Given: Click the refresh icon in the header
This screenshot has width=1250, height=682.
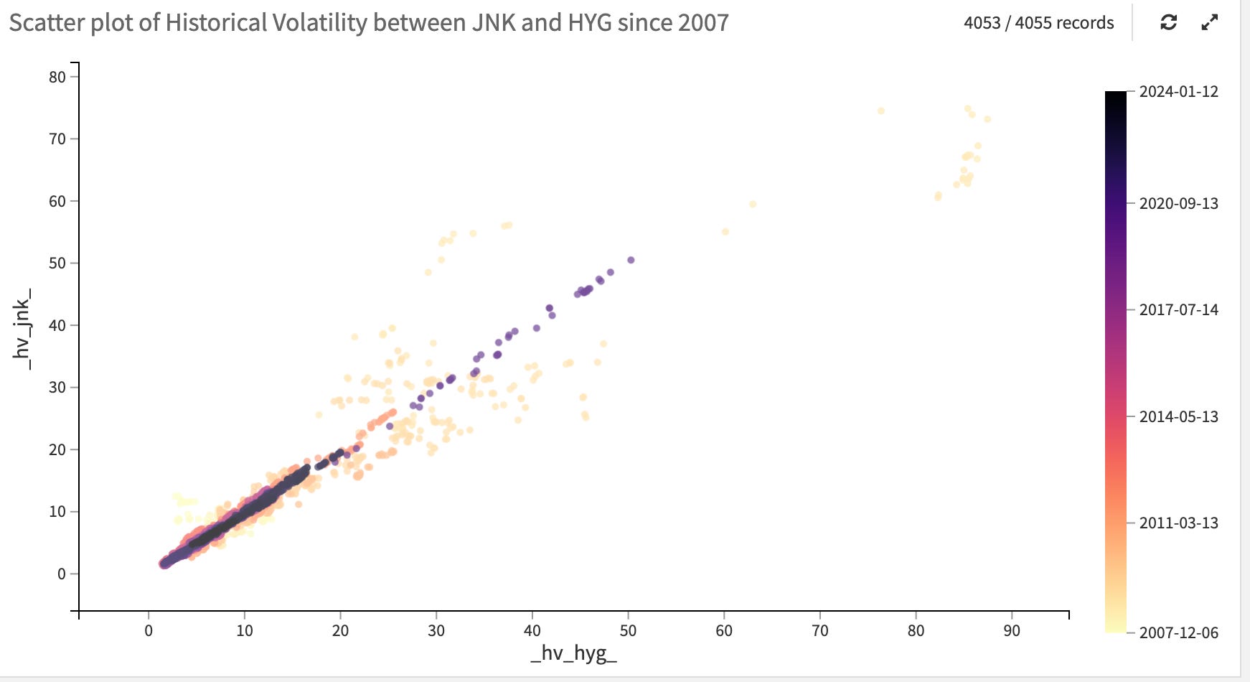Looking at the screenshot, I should point(1168,22).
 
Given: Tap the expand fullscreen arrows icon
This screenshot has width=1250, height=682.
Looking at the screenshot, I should point(1210,22).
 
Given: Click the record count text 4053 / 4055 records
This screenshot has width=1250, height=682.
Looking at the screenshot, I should point(1038,23).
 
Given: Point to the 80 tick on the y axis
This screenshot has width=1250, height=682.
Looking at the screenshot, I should point(57,77).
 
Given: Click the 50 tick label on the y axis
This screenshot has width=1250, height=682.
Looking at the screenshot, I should point(57,263).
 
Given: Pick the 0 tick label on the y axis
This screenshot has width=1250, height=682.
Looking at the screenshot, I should point(62,574).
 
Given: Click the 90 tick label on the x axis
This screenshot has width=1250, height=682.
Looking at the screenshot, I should point(1012,631).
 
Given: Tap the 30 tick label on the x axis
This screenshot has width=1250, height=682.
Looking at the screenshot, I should point(436,631).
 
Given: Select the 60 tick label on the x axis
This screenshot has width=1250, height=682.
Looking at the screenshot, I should point(724,631).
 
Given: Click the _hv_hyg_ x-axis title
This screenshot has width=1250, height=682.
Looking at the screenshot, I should point(573,653).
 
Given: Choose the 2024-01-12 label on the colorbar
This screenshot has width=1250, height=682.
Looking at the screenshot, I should point(1178,92).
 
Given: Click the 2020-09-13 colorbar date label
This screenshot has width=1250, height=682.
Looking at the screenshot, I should point(1178,204).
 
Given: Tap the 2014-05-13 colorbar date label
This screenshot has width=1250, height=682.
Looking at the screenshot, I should point(1178,417).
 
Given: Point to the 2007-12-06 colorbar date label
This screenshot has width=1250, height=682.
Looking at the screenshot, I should point(1178,633).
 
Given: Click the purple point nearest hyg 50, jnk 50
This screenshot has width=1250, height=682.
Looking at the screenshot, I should point(631,260).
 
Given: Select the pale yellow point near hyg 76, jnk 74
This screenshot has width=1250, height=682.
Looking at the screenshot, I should point(881,111).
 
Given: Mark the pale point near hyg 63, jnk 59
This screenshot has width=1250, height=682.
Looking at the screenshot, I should point(753,204).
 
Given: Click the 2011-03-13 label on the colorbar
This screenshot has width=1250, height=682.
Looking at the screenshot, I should point(1178,523).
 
